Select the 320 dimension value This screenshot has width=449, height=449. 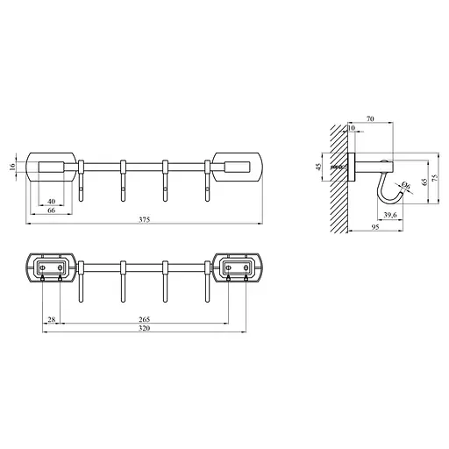coord(145,329)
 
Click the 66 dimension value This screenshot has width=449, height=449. coord(51,210)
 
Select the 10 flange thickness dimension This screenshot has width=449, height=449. coord(352,128)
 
